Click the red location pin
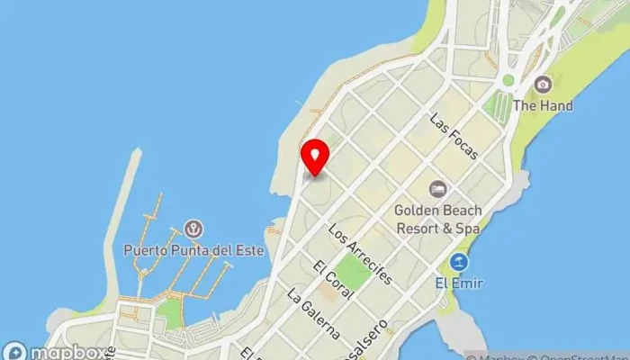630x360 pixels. (315, 157)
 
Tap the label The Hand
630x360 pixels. (543, 105)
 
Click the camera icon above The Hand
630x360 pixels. (543, 85)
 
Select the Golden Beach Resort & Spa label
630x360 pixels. (437, 219)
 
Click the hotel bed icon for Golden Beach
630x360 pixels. (437, 189)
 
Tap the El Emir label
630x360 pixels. (459, 283)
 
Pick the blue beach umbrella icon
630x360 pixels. (459, 263)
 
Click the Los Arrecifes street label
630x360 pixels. (361, 255)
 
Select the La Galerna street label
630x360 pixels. (312, 312)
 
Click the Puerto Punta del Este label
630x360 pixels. (192, 249)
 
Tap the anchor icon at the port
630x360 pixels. (192, 229)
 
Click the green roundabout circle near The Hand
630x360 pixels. (508, 80)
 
